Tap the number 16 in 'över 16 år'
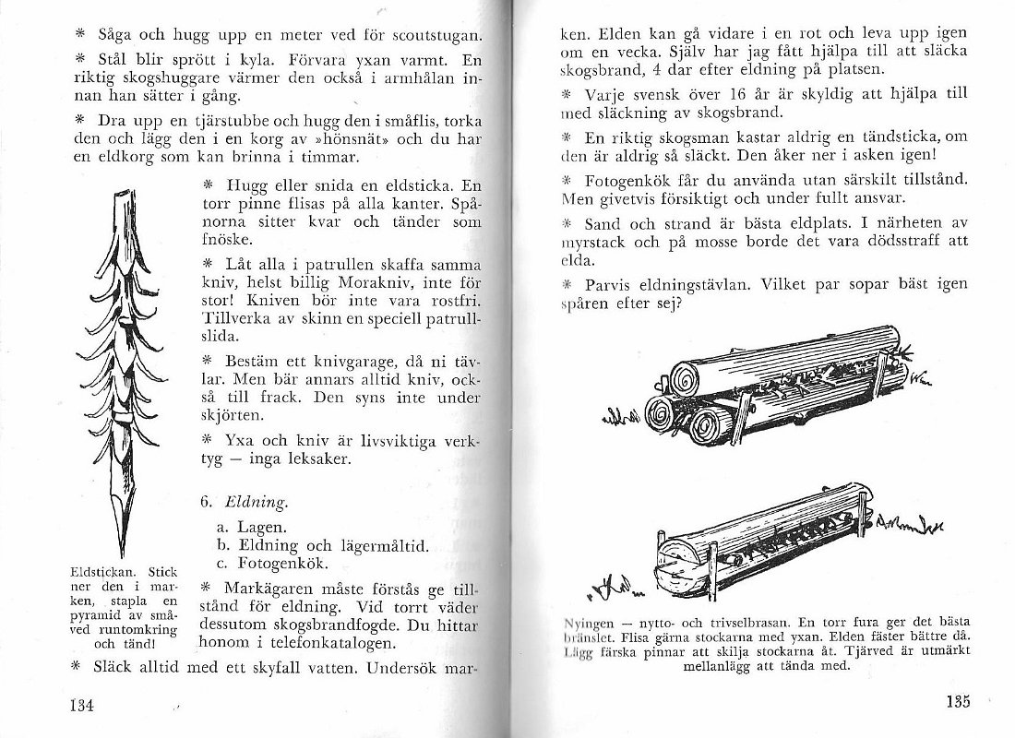(729, 95)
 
